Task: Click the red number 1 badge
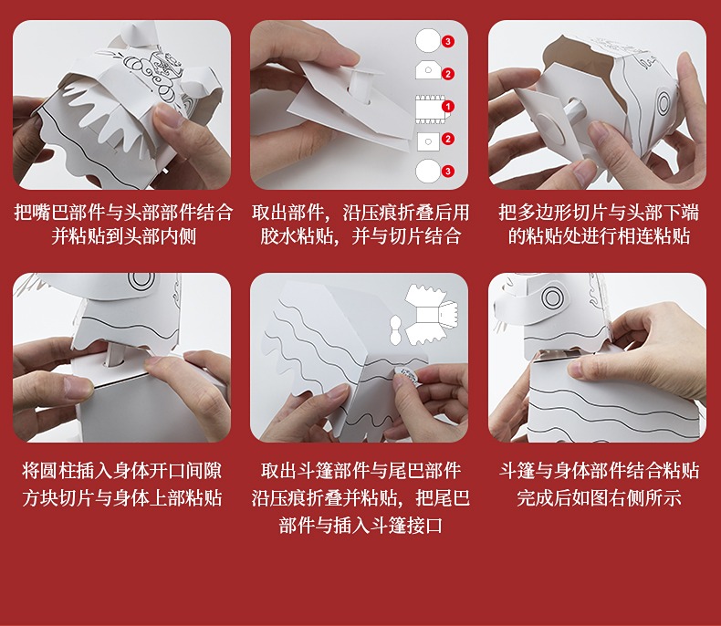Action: [x=447, y=107]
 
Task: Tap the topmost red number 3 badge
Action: [x=448, y=42]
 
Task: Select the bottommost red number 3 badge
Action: [x=448, y=172]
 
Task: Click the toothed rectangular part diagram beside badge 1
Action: [x=431, y=110]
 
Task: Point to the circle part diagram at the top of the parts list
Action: [x=428, y=40]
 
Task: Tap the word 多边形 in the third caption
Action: [x=544, y=213]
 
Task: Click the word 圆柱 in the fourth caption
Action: [x=57, y=471]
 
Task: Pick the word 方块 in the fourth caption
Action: [x=40, y=498]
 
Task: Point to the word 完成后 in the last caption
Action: [x=544, y=498]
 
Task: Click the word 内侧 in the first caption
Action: [x=178, y=236]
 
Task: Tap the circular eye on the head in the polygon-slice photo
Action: [x=664, y=103]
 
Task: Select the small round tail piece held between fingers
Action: [x=407, y=374]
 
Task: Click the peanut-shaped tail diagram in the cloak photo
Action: [x=395, y=329]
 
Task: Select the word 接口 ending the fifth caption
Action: [x=424, y=526]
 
